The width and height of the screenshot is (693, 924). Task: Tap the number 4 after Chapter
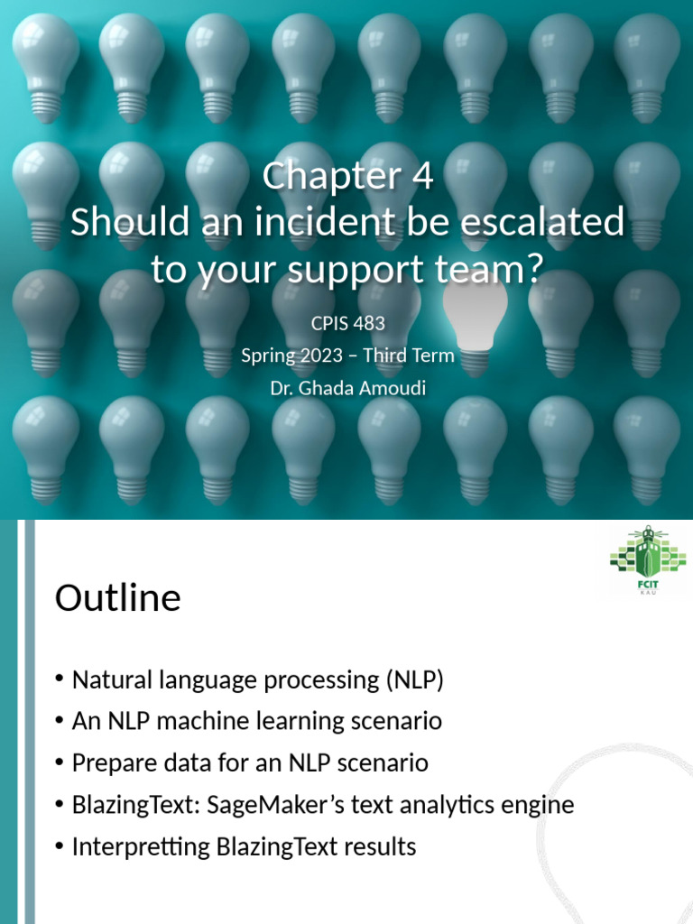click(x=421, y=176)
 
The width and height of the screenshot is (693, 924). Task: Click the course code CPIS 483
click(x=347, y=322)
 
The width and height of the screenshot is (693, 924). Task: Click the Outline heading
click(x=118, y=598)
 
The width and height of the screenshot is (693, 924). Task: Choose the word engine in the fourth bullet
click(x=538, y=805)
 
